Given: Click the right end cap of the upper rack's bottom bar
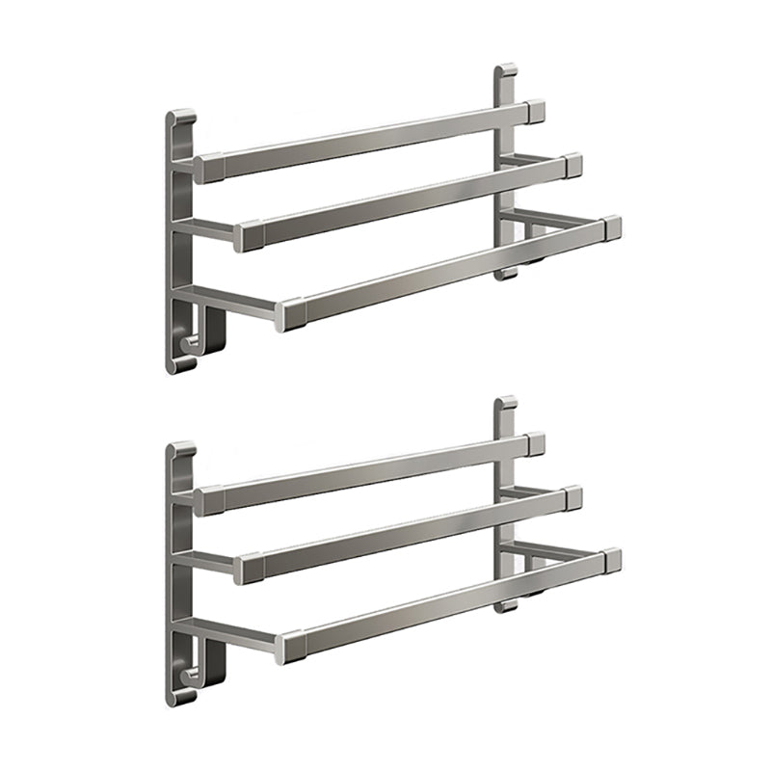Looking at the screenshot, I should pos(609,228).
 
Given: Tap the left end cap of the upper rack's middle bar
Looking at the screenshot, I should pos(247,235).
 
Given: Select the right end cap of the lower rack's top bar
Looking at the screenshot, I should pos(535,443).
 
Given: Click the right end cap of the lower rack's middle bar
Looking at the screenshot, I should pos(572,497).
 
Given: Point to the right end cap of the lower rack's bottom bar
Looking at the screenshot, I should pos(609,560).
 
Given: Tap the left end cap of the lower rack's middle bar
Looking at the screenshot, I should pos(247,568).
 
